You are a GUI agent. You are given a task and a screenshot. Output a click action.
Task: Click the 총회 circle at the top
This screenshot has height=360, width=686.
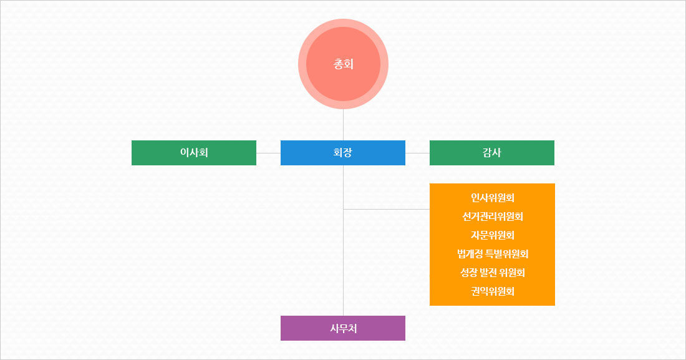(x=343, y=64)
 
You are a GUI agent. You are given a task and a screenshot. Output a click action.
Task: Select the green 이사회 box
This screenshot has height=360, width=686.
(x=194, y=153)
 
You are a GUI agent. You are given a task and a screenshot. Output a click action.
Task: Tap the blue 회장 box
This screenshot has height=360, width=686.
(x=343, y=153)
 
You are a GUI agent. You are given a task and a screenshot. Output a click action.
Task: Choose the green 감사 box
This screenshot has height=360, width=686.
(x=492, y=153)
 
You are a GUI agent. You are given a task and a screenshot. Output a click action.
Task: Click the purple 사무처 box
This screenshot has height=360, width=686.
(x=343, y=328)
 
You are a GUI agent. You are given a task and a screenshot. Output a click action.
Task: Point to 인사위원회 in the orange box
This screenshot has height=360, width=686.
(x=493, y=198)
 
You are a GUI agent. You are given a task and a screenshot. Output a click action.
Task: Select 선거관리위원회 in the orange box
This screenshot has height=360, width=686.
(x=493, y=217)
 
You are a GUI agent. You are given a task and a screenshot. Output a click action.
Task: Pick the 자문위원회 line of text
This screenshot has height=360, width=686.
(x=493, y=235)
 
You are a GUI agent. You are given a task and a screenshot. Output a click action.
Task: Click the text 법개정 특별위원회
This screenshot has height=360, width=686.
(x=493, y=254)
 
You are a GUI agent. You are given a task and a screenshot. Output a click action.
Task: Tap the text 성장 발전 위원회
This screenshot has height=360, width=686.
(x=493, y=273)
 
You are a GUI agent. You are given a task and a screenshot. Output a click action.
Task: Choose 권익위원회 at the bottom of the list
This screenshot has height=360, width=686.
(x=493, y=291)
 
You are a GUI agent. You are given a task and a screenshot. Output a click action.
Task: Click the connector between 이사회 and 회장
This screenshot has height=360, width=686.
(x=268, y=153)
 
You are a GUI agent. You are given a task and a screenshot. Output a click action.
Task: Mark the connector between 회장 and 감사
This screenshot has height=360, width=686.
(x=417, y=153)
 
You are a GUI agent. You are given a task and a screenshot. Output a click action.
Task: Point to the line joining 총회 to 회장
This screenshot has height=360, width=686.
(x=343, y=125)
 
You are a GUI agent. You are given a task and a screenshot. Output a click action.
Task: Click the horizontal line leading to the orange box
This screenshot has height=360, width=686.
(x=387, y=209)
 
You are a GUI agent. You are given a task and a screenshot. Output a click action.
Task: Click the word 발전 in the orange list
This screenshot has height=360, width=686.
(x=488, y=273)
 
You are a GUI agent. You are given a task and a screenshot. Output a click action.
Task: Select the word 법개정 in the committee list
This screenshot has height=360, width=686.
(x=471, y=254)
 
